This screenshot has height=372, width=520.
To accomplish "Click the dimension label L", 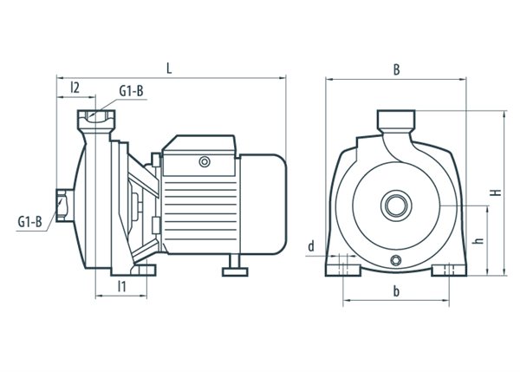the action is [x=169, y=69].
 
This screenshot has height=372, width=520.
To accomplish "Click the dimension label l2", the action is [x=75, y=88].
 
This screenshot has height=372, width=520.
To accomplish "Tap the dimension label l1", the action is [x=122, y=286].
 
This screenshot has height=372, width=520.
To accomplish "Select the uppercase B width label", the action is [x=396, y=69].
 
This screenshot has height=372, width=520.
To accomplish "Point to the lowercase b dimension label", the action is [x=396, y=291].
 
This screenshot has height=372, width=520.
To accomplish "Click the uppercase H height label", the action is [x=497, y=193].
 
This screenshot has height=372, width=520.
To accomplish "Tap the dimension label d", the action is [x=311, y=246].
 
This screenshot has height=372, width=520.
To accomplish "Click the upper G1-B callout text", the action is [x=132, y=91].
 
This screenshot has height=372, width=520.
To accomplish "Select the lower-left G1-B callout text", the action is [x=29, y=222].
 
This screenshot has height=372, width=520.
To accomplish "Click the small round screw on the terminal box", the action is [x=205, y=162].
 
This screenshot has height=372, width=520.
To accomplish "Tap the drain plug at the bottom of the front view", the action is [x=396, y=260].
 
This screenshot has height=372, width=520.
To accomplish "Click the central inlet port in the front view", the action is [x=396, y=206].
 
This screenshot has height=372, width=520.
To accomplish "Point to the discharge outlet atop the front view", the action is [x=396, y=121].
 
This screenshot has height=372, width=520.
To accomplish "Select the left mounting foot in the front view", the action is [x=343, y=270].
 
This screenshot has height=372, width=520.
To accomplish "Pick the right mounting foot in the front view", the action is [x=449, y=270].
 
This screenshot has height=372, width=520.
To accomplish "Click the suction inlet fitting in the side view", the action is [x=65, y=206].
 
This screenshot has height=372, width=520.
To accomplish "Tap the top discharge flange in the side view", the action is [x=96, y=121].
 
